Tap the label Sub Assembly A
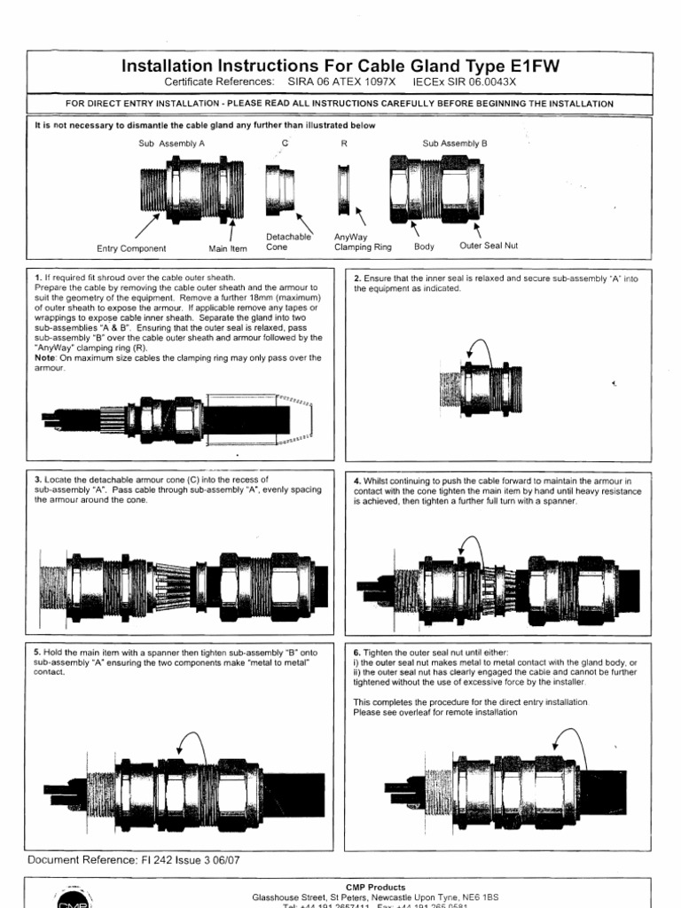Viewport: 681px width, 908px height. (x=171, y=142)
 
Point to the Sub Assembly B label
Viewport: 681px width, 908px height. (x=455, y=142)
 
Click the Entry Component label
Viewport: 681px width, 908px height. (x=131, y=248)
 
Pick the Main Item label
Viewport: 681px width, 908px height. (x=228, y=248)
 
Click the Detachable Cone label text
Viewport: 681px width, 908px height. (x=288, y=242)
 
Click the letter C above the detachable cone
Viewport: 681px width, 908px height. (x=285, y=142)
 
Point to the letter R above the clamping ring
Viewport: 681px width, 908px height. (x=343, y=142)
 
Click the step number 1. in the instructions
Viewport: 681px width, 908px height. (x=37, y=278)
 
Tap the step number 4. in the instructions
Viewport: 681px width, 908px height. (x=356, y=480)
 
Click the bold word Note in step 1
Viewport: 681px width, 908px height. (x=44, y=357)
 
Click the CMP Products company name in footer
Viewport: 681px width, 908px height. (x=375, y=887)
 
